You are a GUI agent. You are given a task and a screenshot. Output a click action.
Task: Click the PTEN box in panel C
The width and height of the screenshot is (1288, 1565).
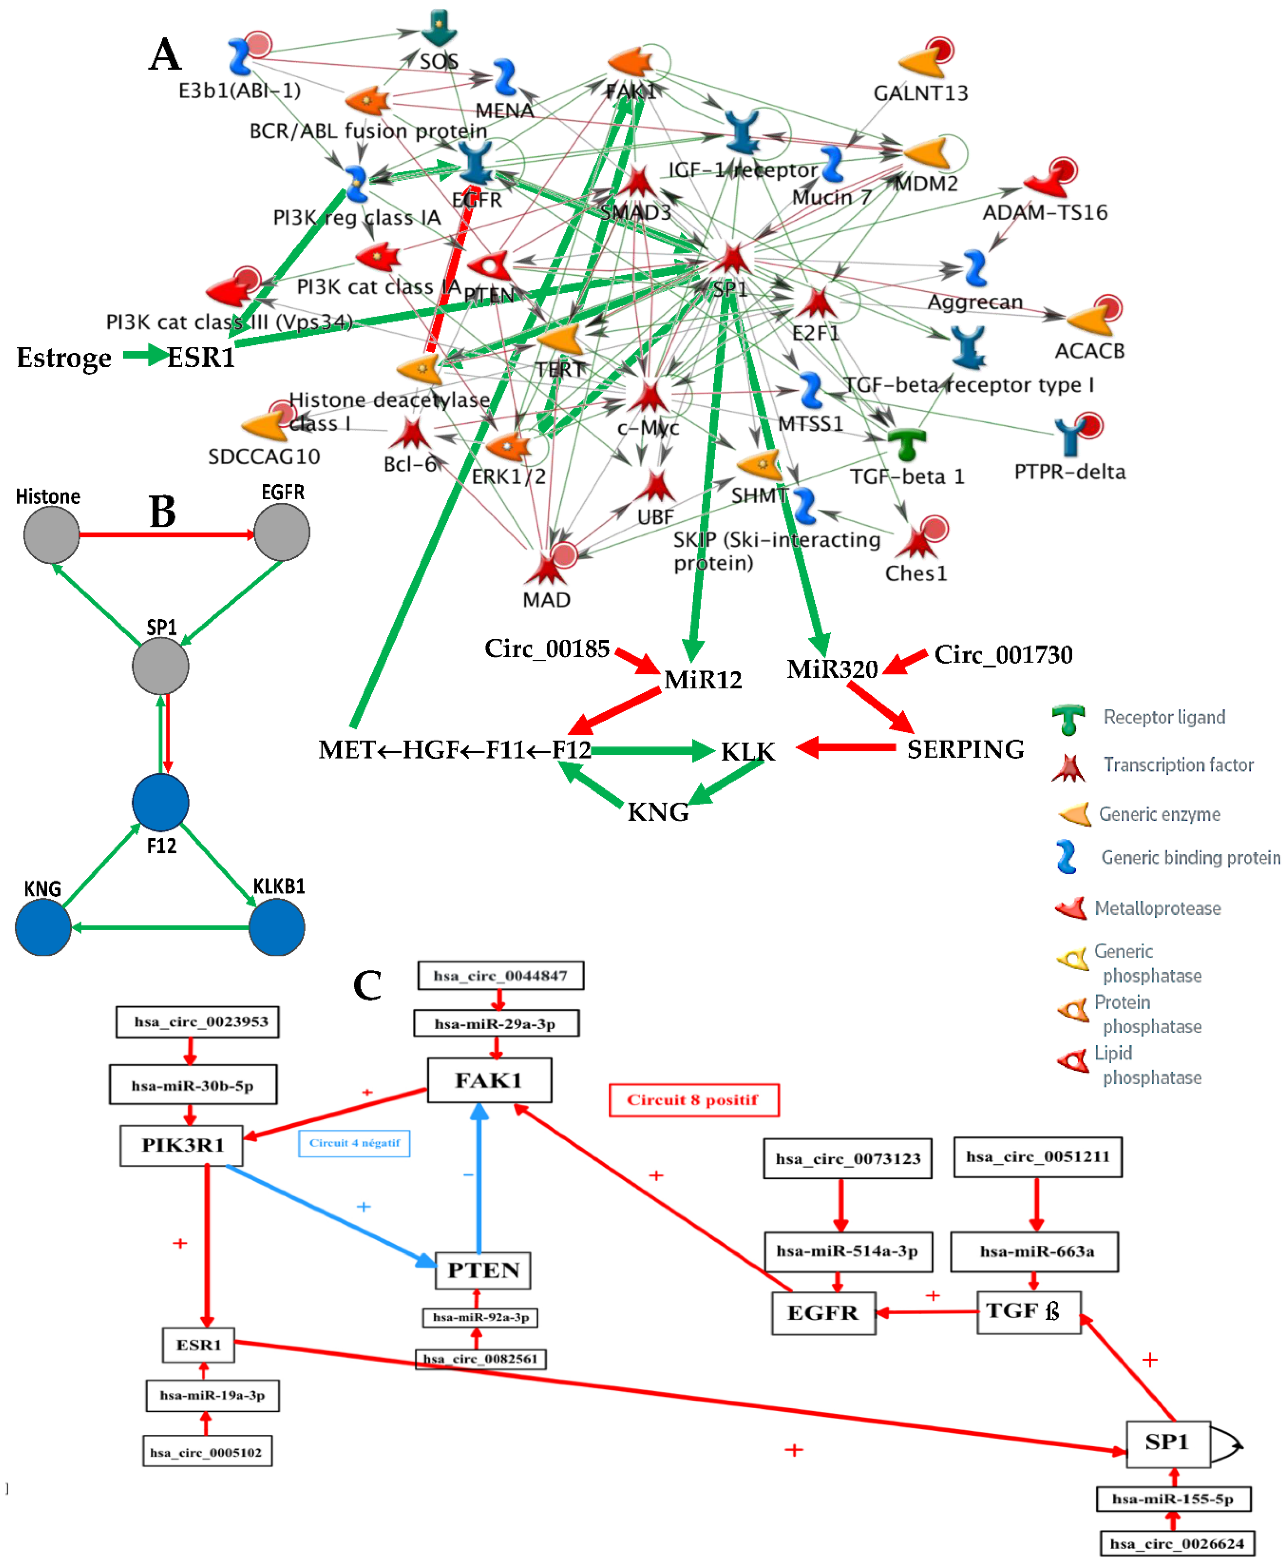pyautogui.click(x=483, y=1270)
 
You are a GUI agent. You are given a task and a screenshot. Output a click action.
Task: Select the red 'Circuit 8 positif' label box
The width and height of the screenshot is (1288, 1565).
pyautogui.click(x=693, y=1100)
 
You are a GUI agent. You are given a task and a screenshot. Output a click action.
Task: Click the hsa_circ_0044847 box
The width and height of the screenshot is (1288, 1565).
pyautogui.click(x=500, y=975)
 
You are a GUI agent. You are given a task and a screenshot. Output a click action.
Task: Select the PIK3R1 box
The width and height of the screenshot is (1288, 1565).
pyautogui.click(x=182, y=1145)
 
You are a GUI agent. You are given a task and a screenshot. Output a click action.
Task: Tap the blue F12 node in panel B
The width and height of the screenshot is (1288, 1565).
pyautogui.click(x=160, y=802)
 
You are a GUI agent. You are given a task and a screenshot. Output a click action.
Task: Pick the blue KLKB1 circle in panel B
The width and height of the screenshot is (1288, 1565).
pyautogui.click(x=276, y=927)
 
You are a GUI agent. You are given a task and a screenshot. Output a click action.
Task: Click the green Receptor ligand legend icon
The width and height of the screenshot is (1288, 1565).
pyautogui.click(x=1068, y=718)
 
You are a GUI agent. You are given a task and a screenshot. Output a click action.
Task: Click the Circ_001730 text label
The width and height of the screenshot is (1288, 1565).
pyautogui.click(x=1003, y=655)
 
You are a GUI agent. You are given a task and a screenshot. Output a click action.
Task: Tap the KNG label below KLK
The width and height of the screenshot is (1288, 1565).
pyautogui.click(x=658, y=812)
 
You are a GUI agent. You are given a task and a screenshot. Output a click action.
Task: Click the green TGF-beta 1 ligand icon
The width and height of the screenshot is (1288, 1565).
pyautogui.click(x=907, y=444)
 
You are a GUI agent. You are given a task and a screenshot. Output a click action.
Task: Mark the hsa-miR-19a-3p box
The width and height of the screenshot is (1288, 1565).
pyautogui.click(x=212, y=1395)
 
